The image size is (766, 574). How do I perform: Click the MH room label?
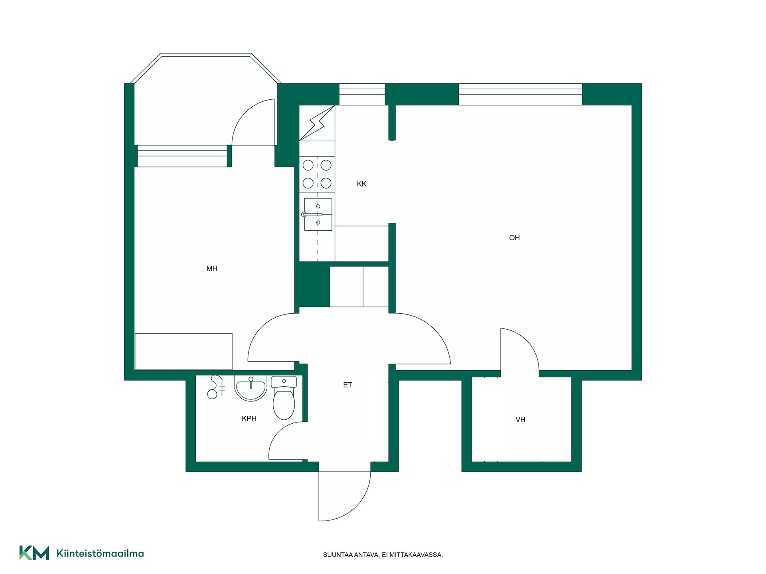tap(212, 269)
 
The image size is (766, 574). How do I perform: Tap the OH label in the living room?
tap(514, 238)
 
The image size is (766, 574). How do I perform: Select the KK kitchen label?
tap(361, 184)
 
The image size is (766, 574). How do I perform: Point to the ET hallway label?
tap(347, 385)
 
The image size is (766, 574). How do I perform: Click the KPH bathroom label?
tap(249, 418)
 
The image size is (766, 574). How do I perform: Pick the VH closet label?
tap(520, 419)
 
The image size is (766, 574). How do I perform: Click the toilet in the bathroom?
tap(284, 398)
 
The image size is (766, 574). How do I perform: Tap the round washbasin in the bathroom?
tap(250, 388)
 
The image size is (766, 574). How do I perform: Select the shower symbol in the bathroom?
tap(216, 387)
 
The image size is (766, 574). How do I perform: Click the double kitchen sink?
tap(318, 214)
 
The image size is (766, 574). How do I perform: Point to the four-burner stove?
tap(317, 174)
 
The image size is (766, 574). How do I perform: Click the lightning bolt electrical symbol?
tap(317, 123)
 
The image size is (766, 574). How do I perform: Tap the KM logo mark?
tap(34, 553)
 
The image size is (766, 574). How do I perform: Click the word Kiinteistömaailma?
tap(100, 553)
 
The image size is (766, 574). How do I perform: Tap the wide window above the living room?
tap(520, 94)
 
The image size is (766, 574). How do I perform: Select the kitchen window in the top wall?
tap(362, 94)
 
